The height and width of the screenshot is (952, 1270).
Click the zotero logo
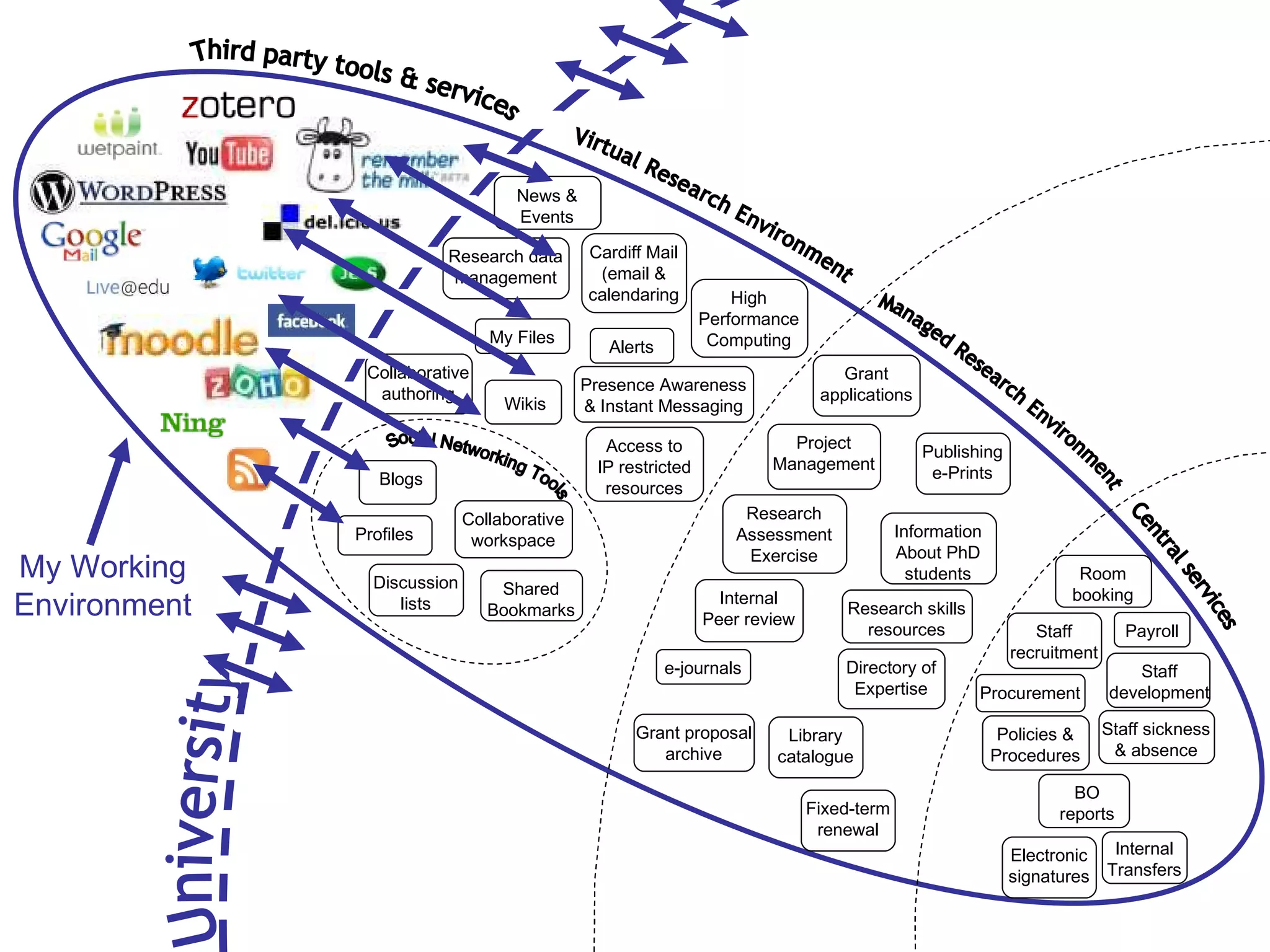[238, 106]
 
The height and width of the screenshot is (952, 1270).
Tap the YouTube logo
[228, 154]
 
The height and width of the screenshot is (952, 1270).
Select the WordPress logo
[129, 192]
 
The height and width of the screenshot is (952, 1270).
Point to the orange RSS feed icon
[248, 469]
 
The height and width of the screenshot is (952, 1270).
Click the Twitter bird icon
[208, 271]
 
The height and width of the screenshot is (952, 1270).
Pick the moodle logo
[179, 338]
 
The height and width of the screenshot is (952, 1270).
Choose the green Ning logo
[192, 423]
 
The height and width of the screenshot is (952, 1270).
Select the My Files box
[522, 337]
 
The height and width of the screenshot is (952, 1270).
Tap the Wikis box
[524, 403]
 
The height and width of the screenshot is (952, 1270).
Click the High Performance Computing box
[748, 319]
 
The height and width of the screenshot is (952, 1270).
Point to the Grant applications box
[866, 384]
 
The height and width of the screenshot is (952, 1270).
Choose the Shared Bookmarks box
[531, 599]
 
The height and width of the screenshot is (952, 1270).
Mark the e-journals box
[703, 668]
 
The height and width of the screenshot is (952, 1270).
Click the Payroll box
[1152, 631]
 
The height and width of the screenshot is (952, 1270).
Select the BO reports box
[1086, 803]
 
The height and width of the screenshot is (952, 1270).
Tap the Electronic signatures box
[1049, 866]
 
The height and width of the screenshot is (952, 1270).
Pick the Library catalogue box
[815, 746]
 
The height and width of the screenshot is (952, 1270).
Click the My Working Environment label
[102, 586]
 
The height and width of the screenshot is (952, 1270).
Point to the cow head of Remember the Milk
[331, 155]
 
